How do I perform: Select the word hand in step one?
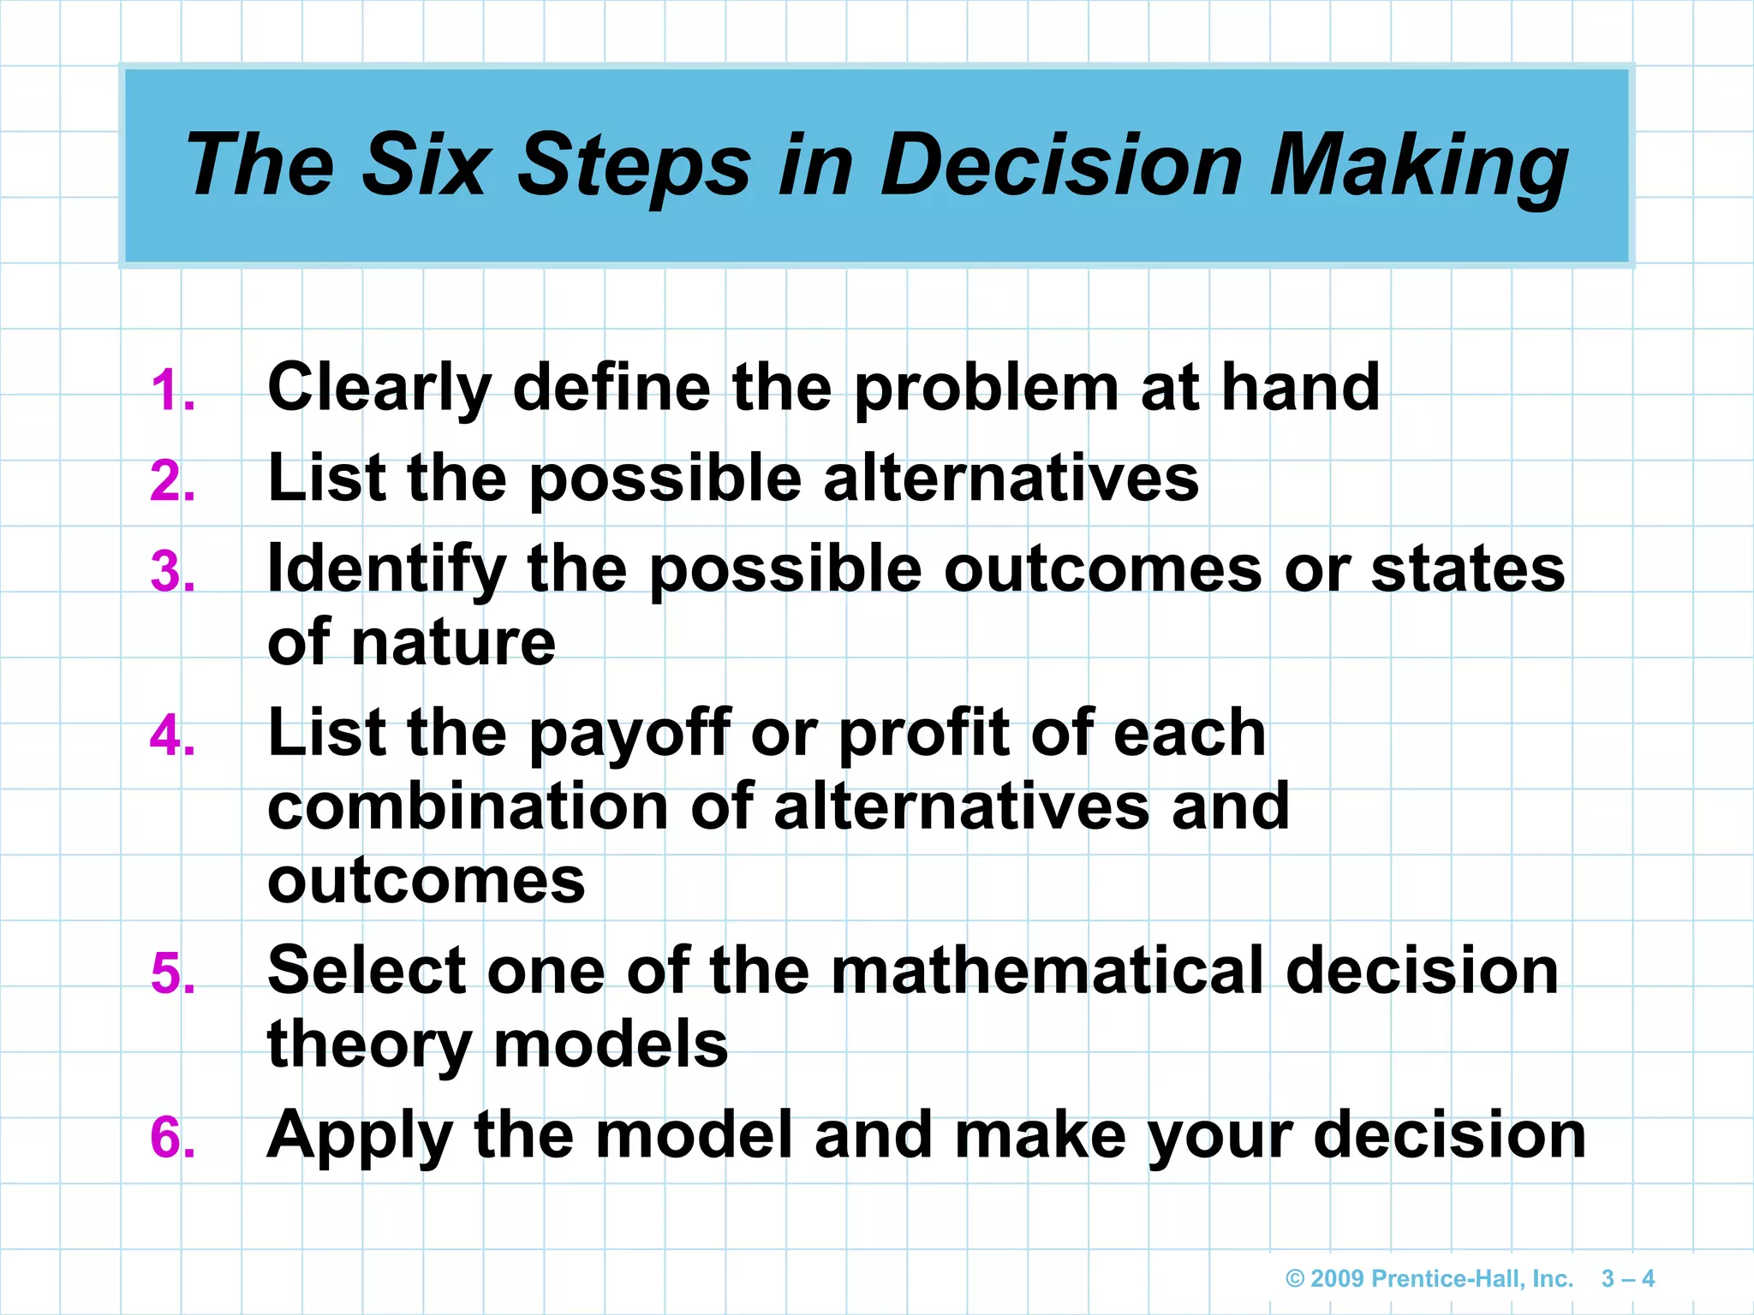click(x=1300, y=387)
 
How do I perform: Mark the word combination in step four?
click(x=468, y=806)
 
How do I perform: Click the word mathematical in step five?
click(x=1047, y=971)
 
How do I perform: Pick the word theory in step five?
click(x=369, y=1046)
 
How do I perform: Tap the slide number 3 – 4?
click(x=1627, y=1279)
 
